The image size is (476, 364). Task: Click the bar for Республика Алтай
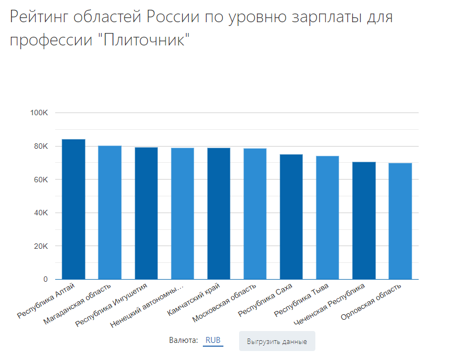pyautogui.click(x=74, y=209)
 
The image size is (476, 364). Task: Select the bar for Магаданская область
pyautogui.click(x=110, y=213)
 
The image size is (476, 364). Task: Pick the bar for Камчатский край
pyautogui.click(x=219, y=214)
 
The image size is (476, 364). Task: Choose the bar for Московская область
pyautogui.click(x=255, y=214)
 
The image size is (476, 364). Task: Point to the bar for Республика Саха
pyautogui.click(x=291, y=217)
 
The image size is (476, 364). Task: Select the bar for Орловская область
pyautogui.click(x=400, y=221)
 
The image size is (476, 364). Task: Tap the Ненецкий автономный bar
pyautogui.click(x=182, y=214)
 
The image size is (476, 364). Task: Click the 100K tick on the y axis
pyautogui.click(x=39, y=113)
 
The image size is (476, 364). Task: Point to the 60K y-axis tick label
pyautogui.click(x=41, y=180)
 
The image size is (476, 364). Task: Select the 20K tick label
pyautogui.click(x=41, y=246)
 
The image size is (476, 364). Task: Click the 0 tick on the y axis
pyautogui.click(x=45, y=280)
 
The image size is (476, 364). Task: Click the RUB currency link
pyautogui.click(x=213, y=341)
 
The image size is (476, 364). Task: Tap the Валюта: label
pyautogui.click(x=183, y=341)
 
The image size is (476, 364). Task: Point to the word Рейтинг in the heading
pyautogui.click(x=42, y=17)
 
